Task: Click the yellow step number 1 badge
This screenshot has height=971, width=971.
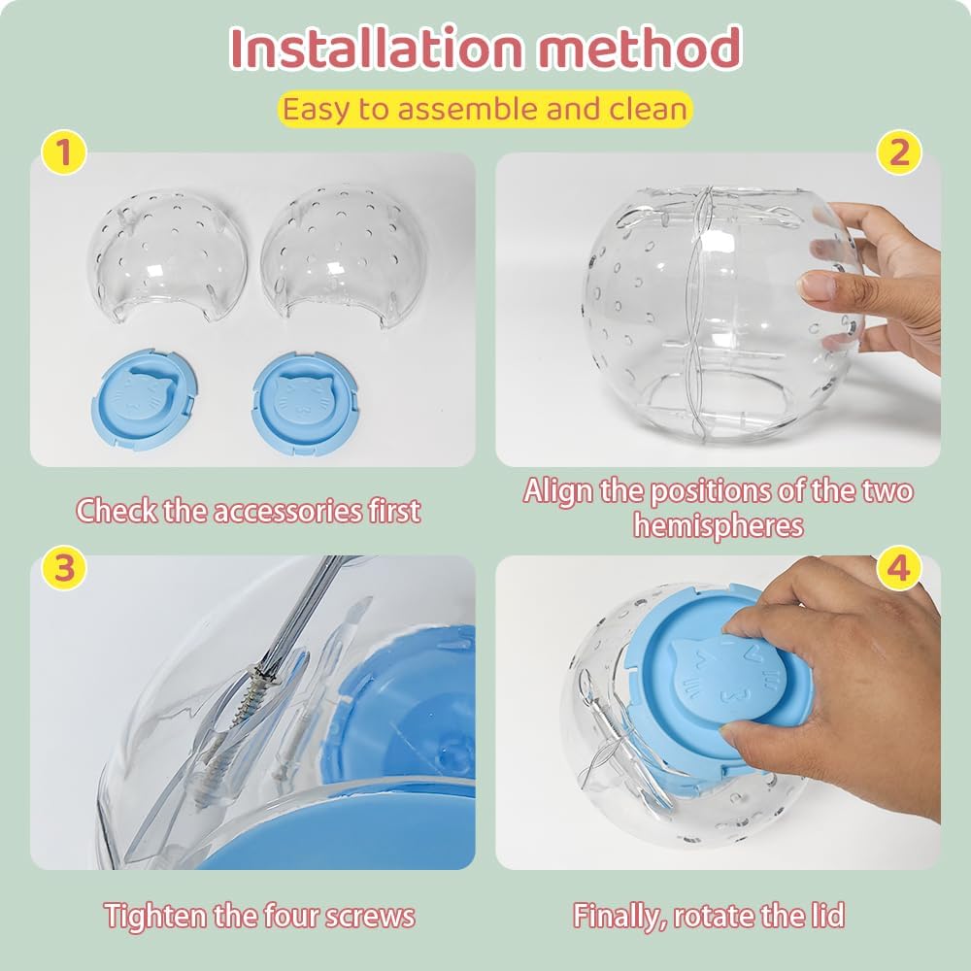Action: click(x=64, y=153)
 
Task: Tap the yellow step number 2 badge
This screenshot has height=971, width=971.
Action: click(x=899, y=153)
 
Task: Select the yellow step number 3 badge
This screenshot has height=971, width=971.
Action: click(x=64, y=570)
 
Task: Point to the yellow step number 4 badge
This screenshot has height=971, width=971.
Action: click(x=898, y=570)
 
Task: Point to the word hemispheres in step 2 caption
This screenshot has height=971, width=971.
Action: click(x=719, y=525)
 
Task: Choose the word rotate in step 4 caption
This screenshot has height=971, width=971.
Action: click(x=726, y=915)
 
